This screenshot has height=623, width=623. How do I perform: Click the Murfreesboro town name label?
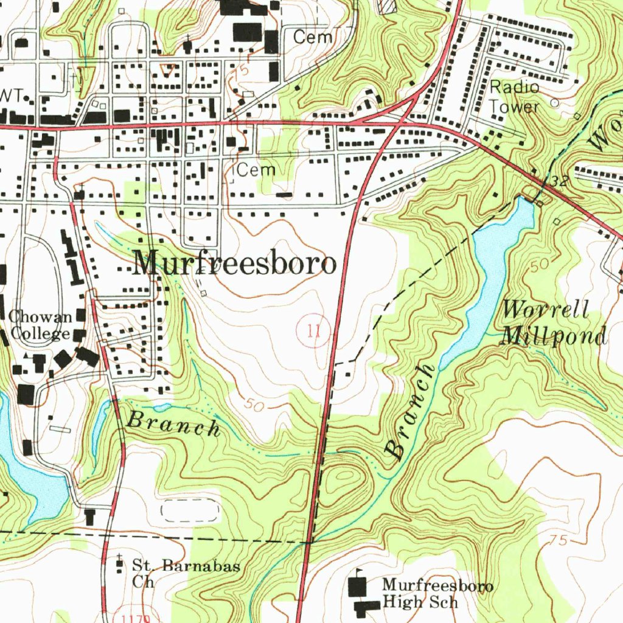tap(235, 264)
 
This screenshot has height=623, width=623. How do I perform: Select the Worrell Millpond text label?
tap(552, 322)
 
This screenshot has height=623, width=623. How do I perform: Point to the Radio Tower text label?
tap(515, 97)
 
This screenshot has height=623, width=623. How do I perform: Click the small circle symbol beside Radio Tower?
tap(554, 103)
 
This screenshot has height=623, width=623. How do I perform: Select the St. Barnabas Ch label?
tap(186, 573)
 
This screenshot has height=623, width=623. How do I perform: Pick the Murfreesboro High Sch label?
tap(437, 593)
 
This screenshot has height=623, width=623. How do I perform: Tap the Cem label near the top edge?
tap(313, 37)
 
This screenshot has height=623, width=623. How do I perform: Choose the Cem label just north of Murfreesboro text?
tap(256, 170)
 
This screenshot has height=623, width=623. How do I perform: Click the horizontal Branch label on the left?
tap(173, 423)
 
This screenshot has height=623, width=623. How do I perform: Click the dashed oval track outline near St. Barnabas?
tap(189, 510)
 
